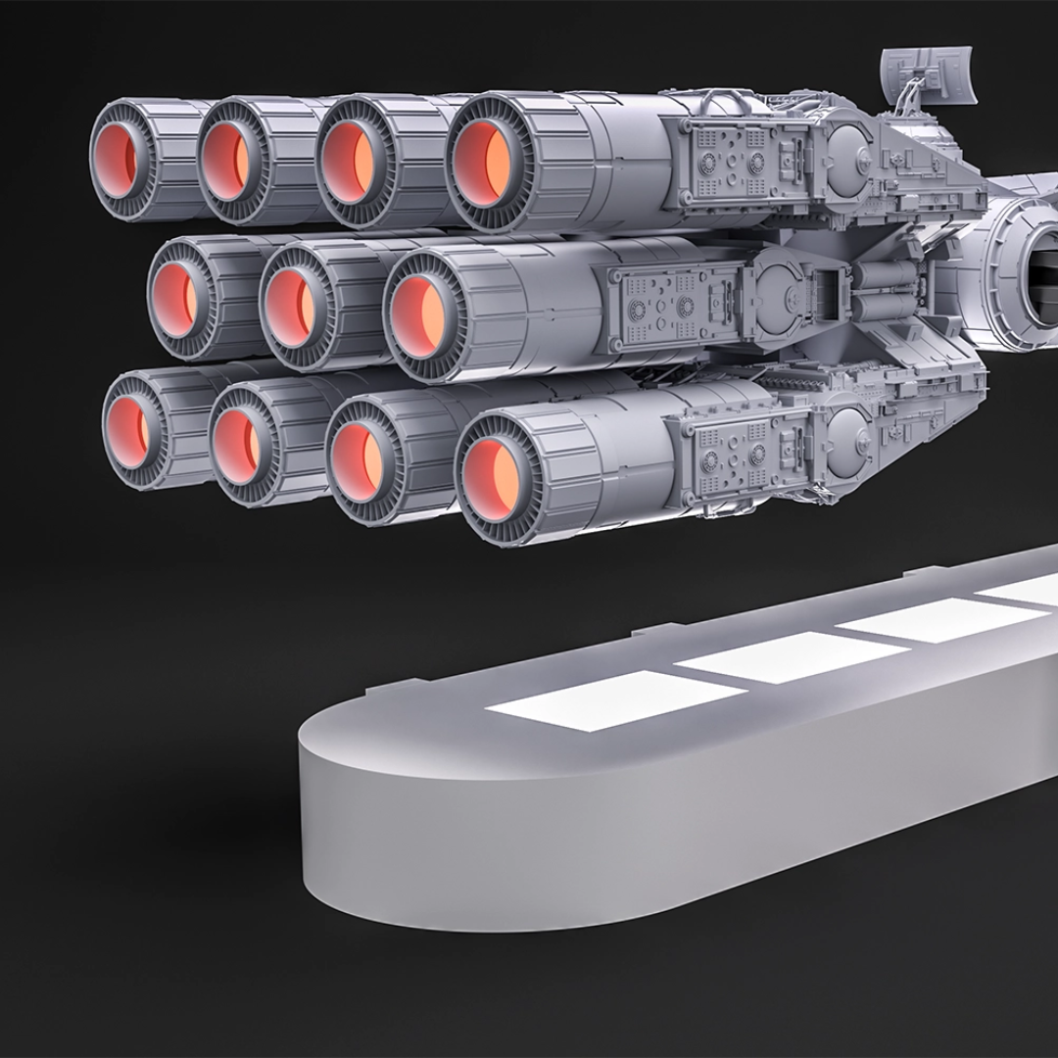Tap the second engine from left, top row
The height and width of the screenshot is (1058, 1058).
[234, 160]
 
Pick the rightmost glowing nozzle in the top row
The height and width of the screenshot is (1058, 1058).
[484, 164]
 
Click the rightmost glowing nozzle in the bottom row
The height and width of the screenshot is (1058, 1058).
[495, 476]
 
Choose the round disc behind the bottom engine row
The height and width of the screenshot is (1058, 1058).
[847, 431]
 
